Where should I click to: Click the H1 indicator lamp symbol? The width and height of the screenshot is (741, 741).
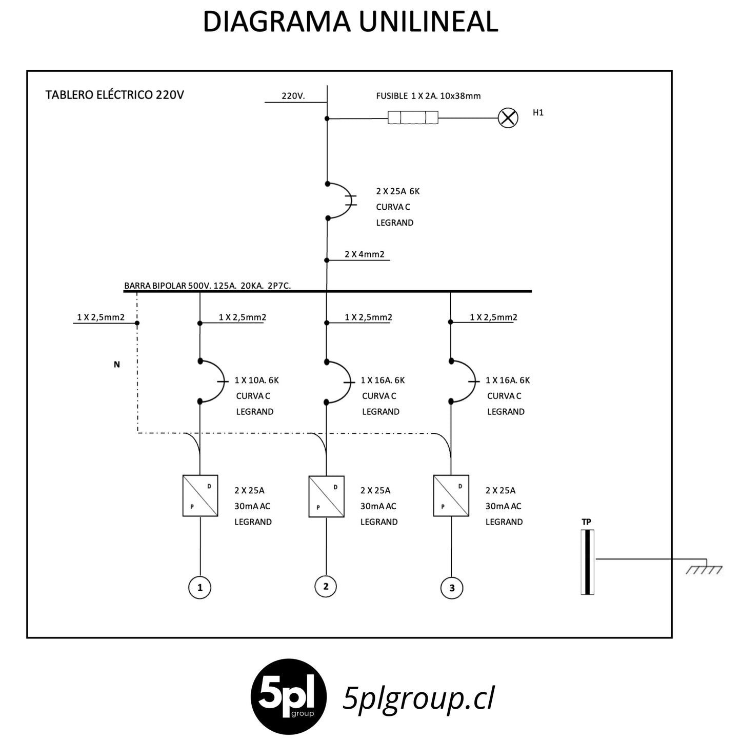click(508, 117)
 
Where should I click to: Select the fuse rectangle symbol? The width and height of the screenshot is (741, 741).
click(413, 117)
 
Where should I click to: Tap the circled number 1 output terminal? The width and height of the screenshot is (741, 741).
click(199, 587)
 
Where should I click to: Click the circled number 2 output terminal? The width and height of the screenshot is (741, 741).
click(326, 586)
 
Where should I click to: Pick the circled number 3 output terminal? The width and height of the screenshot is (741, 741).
click(451, 588)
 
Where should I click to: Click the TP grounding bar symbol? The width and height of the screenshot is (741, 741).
click(587, 562)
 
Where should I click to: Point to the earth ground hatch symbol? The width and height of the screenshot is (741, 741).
click(704, 570)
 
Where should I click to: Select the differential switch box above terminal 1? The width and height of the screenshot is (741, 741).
click(200, 495)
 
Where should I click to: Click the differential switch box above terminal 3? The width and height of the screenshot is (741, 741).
click(451, 495)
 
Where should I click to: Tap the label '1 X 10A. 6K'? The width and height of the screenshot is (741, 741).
click(256, 380)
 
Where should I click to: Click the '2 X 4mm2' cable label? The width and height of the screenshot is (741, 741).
click(364, 254)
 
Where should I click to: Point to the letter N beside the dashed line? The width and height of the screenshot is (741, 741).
click(117, 364)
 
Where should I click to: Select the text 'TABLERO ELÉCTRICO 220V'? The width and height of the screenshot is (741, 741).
click(114, 94)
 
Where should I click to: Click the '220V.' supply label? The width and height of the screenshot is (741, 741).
click(293, 96)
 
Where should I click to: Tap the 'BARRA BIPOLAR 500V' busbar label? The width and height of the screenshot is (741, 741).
click(207, 286)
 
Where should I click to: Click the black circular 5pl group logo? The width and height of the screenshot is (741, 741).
click(288, 696)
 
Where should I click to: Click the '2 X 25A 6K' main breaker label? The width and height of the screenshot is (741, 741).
click(397, 191)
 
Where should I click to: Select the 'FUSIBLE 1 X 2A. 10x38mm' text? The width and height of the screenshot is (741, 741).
click(428, 96)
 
